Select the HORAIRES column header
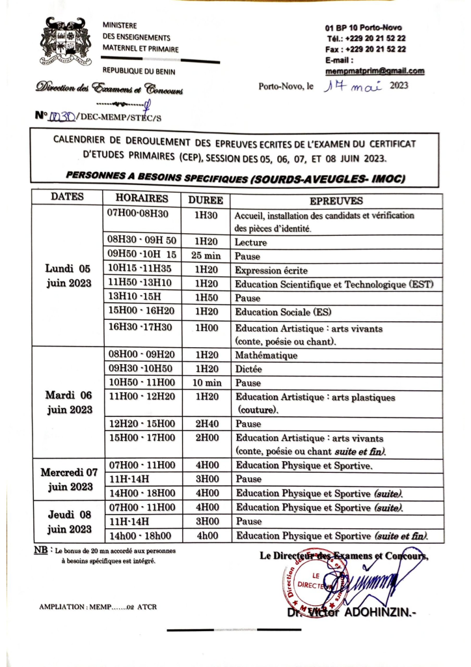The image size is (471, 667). pyautogui.click(x=142, y=199)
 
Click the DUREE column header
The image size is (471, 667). pyautogui.click(x=206, y=200)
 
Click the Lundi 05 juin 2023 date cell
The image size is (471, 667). pyautogui.click(x=68, y=275)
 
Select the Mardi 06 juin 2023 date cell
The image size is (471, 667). pyautogui.click(x=68, y=403)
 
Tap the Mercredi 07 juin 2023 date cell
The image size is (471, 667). pyautogui.click(x=68, y=479)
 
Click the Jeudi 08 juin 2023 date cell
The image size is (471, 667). pyautogui.click(x=68, y=521)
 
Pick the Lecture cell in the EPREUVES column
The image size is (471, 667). pyautogui.click(x=250, y=242)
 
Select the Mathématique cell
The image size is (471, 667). pyautogui.click(x=267, y=356)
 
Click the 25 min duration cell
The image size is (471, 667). pyautogui.click(x=206, y=256)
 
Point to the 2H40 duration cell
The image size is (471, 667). pyautogui.click(x=206, y=423)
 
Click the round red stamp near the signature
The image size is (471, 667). pyautogui.click(x=311, y=580)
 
